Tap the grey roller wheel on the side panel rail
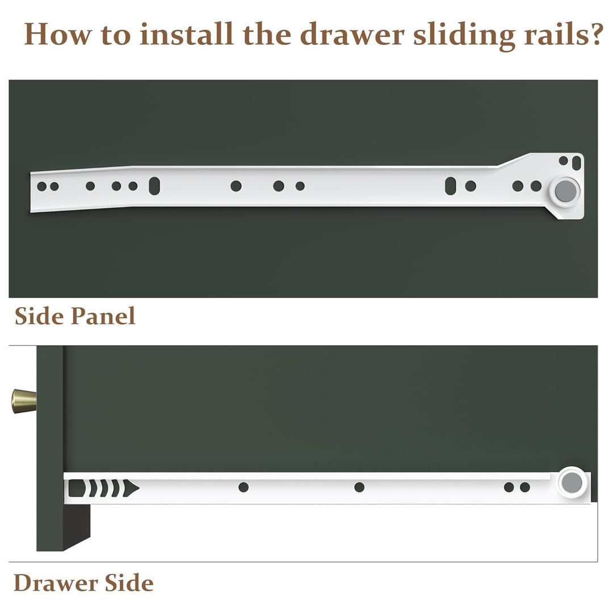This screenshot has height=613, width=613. pyautogui.click(x=565, y=191)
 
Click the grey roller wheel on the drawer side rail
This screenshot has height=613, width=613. pyautogui.click(x=572, y=482)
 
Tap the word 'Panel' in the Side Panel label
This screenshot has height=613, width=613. pyautogui.click(x=103, y=316)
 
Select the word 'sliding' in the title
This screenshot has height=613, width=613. pyautogui.click(x=464, y=35)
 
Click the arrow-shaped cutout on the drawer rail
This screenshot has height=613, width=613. pyautogui.click(x=131, y=488)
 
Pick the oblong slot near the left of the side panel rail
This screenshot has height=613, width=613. pyautogui.click(x=154, y=186)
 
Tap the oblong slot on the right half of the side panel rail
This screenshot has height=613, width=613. pyautogui.click(x=450, y=186)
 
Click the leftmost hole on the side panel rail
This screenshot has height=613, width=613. pyautogui.click(x=42, y=187)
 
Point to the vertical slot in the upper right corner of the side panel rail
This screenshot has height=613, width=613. pyautogui.click(x=576, y=163)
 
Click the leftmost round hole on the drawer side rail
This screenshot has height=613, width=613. pyautogui.click(x=243, y=487)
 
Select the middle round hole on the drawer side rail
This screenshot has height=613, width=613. pyautogui.click(x=359, y=487)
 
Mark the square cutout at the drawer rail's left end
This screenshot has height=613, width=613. pyautogui.click(x=77, y=488)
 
